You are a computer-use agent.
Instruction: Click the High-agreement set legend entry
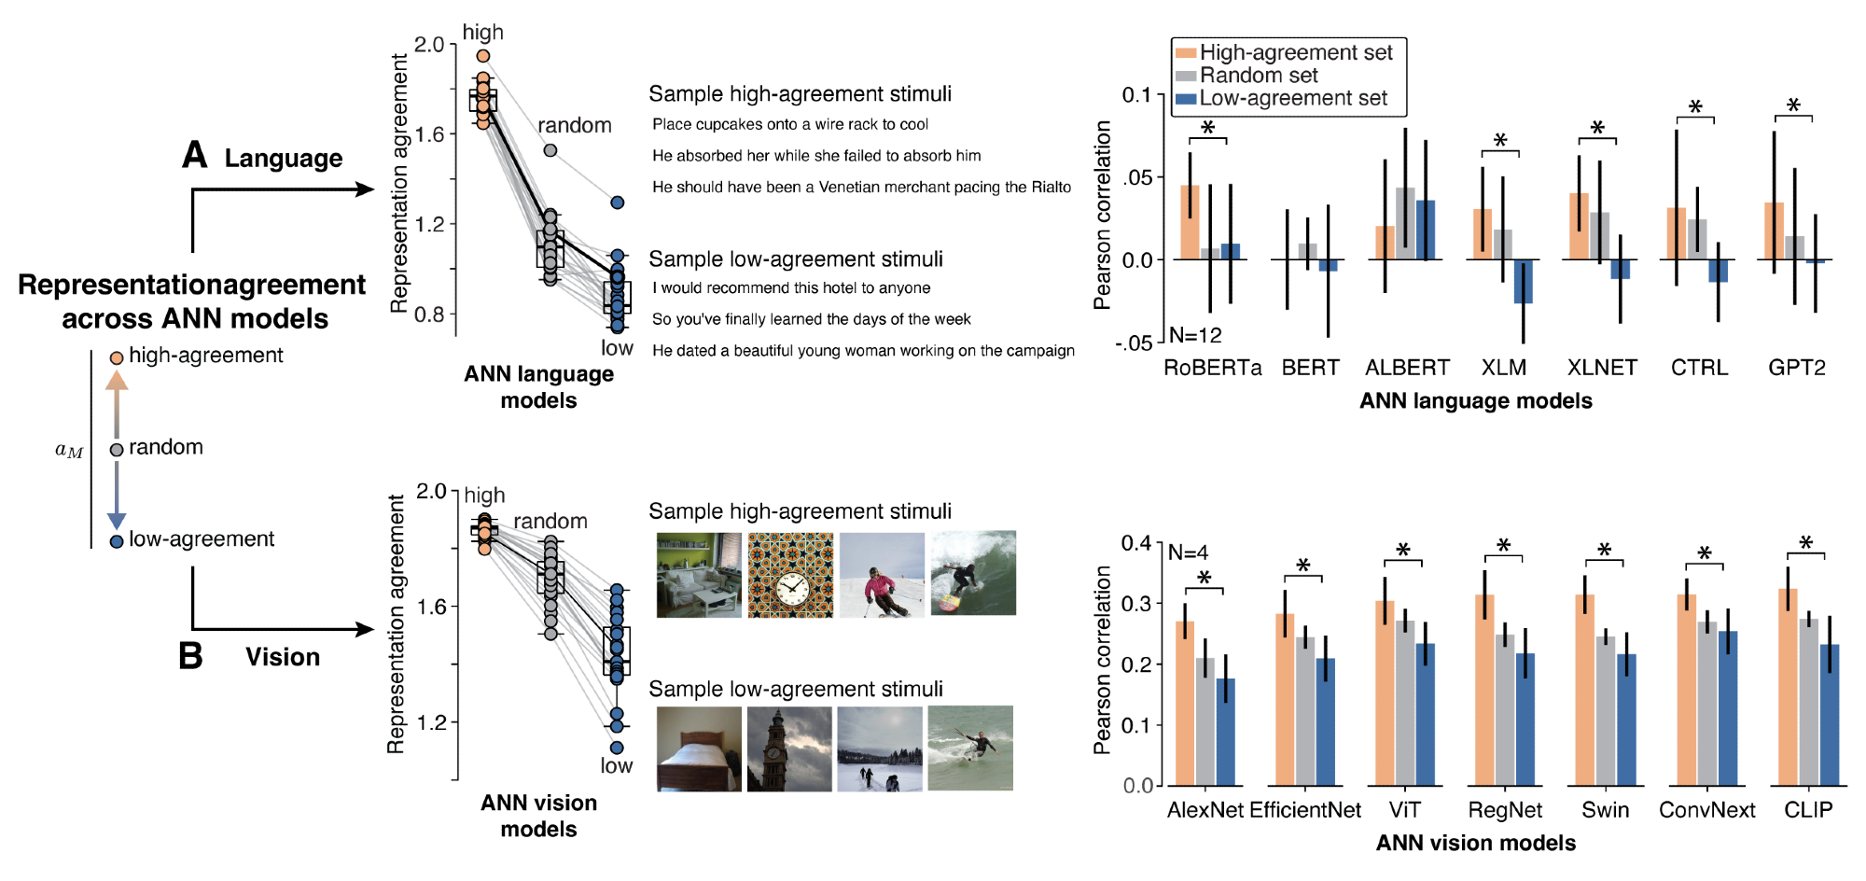[1295, 53]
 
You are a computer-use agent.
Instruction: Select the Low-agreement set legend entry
[1292, 99]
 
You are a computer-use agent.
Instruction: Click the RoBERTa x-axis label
[1212, 368]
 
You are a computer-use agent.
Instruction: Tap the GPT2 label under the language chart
[1796, 368]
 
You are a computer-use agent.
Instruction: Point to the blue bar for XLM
[1523, 281]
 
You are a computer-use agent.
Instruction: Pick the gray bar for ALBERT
[1405, 223]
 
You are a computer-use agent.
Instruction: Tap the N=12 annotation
[1195, 335]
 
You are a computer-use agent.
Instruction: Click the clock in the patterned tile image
[791, 590]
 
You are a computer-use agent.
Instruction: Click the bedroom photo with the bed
[699, 748]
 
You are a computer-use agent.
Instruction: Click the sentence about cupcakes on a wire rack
[790, 124]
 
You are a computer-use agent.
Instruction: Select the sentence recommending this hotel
[791, 287]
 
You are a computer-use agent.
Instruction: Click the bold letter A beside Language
[194, 155]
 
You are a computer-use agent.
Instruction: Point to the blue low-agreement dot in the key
[117, 541]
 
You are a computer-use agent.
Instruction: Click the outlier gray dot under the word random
[550, 150]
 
